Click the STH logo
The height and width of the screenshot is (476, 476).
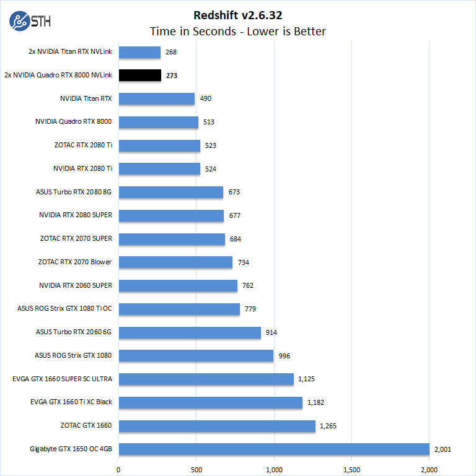point(30,22)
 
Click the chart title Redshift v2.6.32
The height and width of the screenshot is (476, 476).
point(238,15)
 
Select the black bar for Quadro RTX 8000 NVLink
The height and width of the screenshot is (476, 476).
point(139,76)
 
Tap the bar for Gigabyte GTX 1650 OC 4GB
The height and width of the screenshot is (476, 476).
point(273,449)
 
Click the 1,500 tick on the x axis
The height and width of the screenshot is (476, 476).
point(352,469)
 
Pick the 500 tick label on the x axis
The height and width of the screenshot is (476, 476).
point(196,469)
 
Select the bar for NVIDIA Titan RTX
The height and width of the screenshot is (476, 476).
point(156,99)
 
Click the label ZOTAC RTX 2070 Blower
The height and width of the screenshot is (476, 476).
point(74,262)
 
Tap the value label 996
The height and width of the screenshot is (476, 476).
point(284,355)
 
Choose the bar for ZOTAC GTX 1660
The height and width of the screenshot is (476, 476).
point(216,426)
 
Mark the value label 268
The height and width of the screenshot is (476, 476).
point(172,53)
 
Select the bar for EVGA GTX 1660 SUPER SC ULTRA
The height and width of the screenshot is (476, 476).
point(206,379)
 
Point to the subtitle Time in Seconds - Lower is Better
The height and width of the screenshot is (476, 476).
point(238,31)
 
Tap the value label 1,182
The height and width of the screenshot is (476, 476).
point(314,402)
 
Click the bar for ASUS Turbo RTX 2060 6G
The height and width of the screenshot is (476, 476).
point(189,332)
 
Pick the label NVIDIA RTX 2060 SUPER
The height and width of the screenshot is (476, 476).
point(75,285)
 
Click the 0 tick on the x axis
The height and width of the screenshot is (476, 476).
point(118,469)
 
